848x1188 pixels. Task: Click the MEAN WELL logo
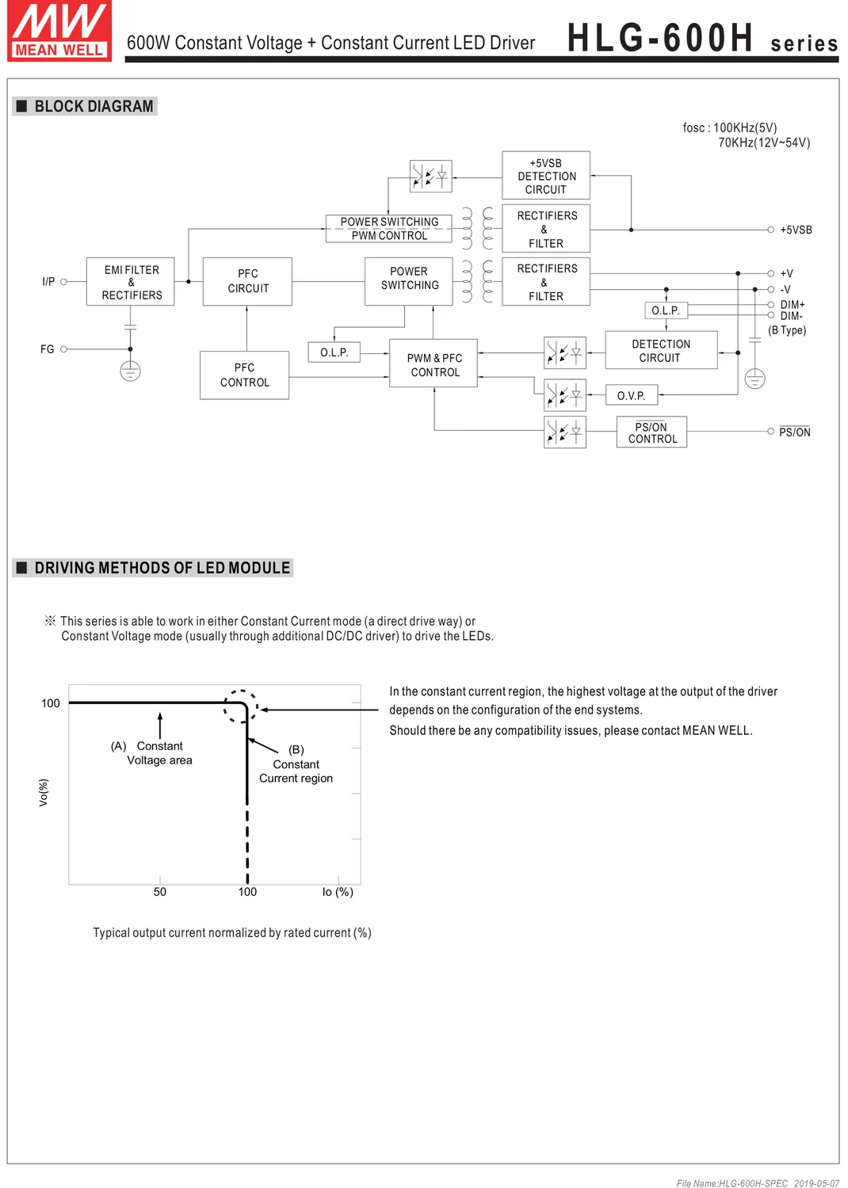59,30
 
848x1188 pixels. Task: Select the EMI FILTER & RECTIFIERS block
131,282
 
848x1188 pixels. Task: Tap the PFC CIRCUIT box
248,281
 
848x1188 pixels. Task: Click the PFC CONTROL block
244,375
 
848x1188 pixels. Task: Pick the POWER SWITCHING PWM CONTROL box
389,229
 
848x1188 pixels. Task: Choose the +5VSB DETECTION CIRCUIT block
546,176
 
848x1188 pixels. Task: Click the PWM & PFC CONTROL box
434,364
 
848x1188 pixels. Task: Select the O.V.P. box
632,395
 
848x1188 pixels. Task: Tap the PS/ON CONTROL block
651,432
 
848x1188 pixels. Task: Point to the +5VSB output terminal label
796,230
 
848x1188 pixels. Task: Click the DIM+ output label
793,305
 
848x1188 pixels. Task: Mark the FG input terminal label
48,349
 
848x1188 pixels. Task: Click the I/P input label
48,281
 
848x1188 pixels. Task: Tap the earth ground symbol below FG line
131,371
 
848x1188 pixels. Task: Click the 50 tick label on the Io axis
160,892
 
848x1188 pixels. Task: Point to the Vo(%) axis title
44,792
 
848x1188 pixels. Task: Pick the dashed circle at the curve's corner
240,706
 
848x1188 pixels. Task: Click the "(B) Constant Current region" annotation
296,764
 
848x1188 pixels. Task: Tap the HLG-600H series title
702,38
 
